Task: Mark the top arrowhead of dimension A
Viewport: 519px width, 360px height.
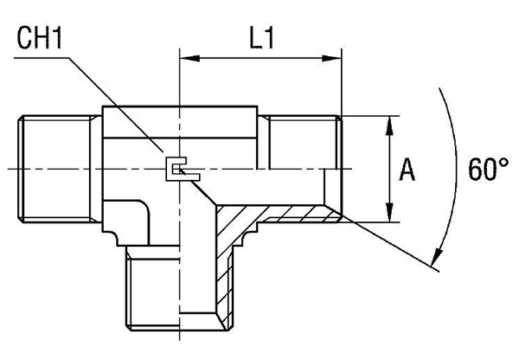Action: click(390, 123)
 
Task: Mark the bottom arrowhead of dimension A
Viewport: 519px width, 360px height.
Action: click(390, 216)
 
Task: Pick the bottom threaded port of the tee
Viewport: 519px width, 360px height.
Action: click(178, 290)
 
